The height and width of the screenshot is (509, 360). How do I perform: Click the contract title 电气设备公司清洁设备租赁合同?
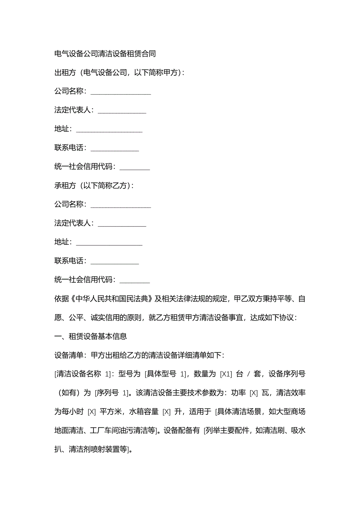105,54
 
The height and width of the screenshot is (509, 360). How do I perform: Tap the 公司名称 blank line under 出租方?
121,92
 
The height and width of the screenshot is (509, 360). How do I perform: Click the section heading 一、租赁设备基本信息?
90,336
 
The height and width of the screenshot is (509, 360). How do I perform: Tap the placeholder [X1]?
227,374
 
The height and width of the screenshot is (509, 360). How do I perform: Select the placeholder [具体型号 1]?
165,374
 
